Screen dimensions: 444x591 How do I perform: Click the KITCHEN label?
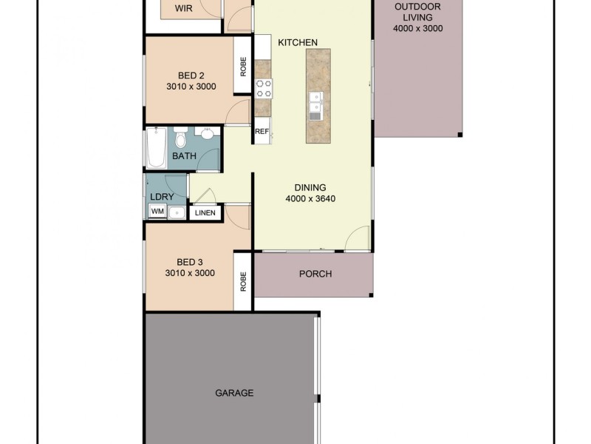[298, 42]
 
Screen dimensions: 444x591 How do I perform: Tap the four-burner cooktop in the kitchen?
[264, 88]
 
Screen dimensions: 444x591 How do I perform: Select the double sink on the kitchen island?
[315, 106]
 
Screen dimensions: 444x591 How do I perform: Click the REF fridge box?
[262, 132]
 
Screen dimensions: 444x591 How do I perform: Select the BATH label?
[184, 156]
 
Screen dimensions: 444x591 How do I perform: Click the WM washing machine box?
[157, 212]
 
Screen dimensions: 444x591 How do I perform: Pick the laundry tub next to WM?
[176, 212]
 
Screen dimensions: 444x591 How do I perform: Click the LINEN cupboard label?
[205, 213]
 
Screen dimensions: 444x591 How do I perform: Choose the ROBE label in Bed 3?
[243, 283]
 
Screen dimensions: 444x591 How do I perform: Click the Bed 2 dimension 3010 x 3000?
[190, 86]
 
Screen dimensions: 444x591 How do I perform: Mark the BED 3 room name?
[190, 262]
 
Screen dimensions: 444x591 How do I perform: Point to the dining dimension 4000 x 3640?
[311, 198]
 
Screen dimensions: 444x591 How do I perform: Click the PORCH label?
[315, 274]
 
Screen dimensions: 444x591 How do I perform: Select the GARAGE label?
[234, 393]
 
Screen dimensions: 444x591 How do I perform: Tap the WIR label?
[184, 9]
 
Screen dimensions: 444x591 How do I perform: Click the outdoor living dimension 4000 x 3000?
[418, 29]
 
